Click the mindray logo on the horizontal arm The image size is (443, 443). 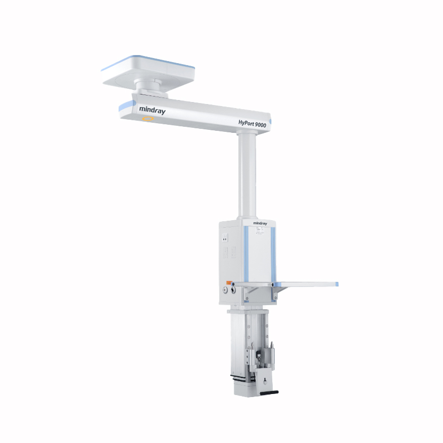coord(152,110)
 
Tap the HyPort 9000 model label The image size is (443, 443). coord(253,123)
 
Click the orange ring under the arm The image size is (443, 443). coord(147,119)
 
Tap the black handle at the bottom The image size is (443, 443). coord(267,392)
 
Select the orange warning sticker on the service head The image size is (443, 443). coord(228,283)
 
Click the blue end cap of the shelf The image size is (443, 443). coord(336,284)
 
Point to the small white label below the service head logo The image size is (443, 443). coord(260,230)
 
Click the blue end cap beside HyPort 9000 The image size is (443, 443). coord(270,122)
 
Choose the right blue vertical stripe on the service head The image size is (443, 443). coord(273,253)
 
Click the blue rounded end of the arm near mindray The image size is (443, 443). coord(123,107)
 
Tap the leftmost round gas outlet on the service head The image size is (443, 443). coord(224,290)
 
